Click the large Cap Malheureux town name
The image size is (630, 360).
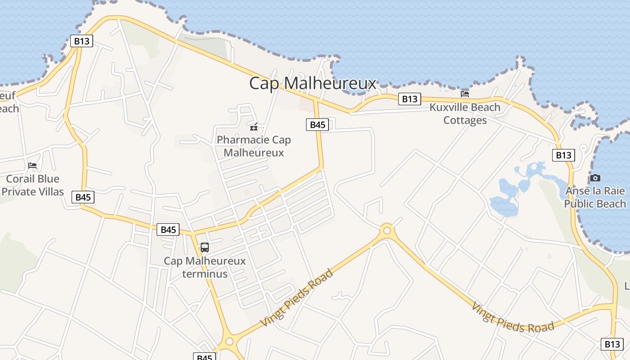(312, 83)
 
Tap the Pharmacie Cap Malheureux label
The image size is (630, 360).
(254, 146)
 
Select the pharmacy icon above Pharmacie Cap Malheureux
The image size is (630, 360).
(254, 127)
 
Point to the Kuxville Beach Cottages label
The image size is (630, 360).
(465, 114)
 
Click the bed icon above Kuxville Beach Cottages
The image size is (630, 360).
(465, 94)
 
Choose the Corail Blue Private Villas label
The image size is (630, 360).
(32, 185)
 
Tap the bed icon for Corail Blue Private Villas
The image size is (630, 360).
(32, 166)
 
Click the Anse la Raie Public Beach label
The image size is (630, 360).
(595, 197)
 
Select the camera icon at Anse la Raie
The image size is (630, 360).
(595, 178)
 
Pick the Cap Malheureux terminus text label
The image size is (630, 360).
(205, 267)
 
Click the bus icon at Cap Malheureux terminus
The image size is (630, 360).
(205, 247)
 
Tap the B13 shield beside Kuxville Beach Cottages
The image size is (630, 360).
(409, 99)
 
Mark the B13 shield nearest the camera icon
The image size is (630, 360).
(563, 155)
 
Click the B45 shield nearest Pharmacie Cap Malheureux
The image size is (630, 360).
(317, 125)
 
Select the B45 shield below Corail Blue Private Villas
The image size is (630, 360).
(83, 197)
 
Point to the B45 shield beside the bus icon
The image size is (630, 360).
(168, 229)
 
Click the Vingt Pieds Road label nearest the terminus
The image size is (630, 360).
(297, 298)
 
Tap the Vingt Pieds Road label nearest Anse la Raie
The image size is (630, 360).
(512, 318)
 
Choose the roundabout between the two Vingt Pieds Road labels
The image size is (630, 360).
(387, 231)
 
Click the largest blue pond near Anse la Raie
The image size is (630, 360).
(504, 205)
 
